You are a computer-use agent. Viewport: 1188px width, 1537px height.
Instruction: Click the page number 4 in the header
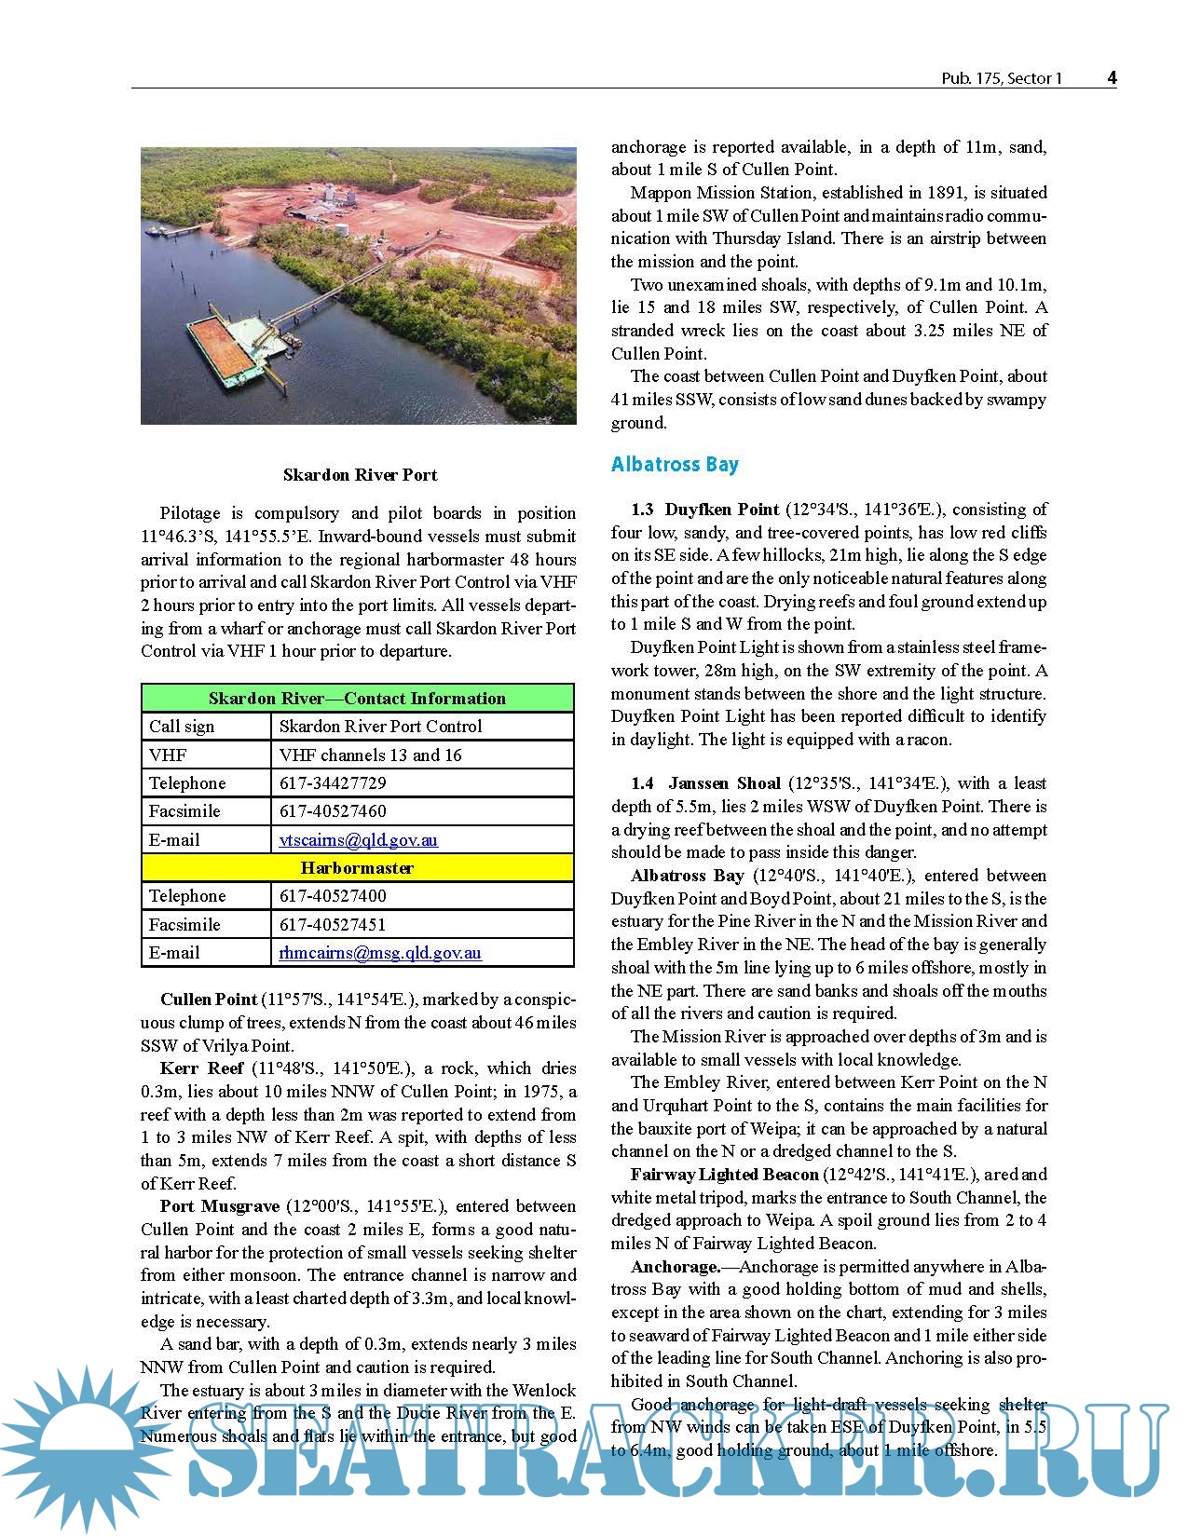click(x=1112, y=78)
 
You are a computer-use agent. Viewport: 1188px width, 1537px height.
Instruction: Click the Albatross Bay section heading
click(x=675, y=464)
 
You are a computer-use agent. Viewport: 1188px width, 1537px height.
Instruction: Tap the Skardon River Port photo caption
click(x=360, y=475)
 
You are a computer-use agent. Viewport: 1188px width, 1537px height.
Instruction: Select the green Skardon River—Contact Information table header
click(x=357, y=699)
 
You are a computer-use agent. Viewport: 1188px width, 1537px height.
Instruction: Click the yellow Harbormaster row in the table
click(x=357, y=868)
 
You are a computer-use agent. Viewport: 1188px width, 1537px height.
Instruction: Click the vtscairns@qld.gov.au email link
click(x=358, y=840)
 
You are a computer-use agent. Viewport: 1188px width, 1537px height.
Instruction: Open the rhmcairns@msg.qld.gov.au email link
click(x=380, y=953)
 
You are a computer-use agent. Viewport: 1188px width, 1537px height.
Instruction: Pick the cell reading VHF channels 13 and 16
click(x=370, y=755)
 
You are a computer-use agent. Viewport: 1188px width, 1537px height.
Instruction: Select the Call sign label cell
click(x=182, y=727)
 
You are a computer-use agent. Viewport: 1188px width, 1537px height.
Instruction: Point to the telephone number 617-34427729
click(x=333, y=783)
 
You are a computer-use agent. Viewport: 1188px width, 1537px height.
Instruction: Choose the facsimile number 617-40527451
click(x=333, y=925)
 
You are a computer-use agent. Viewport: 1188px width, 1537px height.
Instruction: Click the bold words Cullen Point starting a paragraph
click(x=208, y=1000)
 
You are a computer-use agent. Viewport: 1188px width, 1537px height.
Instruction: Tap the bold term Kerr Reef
click(x=201, y=1068)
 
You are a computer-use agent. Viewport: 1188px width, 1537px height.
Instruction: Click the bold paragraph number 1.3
click(x=642, y=510)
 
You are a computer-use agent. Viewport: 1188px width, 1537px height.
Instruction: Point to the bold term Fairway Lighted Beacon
click(x=724, y=1175)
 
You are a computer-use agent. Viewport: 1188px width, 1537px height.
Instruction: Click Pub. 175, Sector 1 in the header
click(x=1001, y=79)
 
